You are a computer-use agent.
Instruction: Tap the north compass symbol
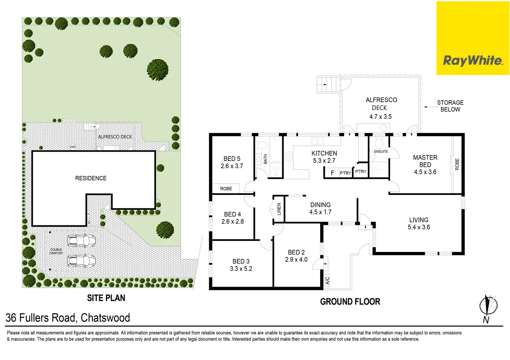tap(488, 307)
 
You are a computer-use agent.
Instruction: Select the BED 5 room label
tap(232, 159)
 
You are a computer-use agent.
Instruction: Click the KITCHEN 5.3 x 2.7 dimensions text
tap(324, 161)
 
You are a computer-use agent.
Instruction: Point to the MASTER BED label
tap(425, 161)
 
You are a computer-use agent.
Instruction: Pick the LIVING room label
tap(419, 220)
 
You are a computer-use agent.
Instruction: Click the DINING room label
tap(320, 205)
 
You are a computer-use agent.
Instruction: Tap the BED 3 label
tap(241, 261)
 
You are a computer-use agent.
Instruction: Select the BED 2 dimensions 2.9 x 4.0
tap(296, 260)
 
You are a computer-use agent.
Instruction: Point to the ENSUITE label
tap(381, 152)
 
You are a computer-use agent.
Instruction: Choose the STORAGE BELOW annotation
tap(450, 106)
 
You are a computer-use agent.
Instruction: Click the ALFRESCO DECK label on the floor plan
tap(381, 103)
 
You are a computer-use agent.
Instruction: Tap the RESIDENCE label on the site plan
tap(91, 178)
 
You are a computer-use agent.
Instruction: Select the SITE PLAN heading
tap(106, 298)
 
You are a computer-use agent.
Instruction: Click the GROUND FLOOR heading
tap(350, 302)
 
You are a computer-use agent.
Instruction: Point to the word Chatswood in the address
tap(105, 318)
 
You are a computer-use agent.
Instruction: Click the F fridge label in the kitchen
tap(332, 173)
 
